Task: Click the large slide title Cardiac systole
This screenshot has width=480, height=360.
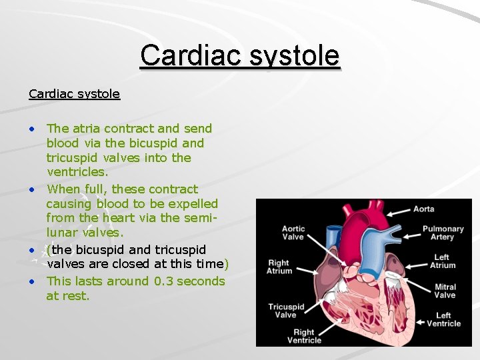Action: coord(239,55)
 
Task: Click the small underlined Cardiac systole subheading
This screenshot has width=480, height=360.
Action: coord(74,93)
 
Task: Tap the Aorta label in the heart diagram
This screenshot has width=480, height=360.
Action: coord(423,209)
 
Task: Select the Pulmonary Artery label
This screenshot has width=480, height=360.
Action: coord(443,233)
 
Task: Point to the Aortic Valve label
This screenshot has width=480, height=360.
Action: coord(293,233)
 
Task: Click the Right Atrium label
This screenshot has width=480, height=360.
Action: coord(279,267)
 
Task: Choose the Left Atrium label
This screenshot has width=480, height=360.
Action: coord(441,261)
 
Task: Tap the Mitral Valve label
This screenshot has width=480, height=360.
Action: coord(445,291)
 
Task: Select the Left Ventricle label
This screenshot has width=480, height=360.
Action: coord(444,319)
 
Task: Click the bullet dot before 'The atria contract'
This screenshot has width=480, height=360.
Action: coord(32,129)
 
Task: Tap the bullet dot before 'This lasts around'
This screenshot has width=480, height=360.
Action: coord(32,281)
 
